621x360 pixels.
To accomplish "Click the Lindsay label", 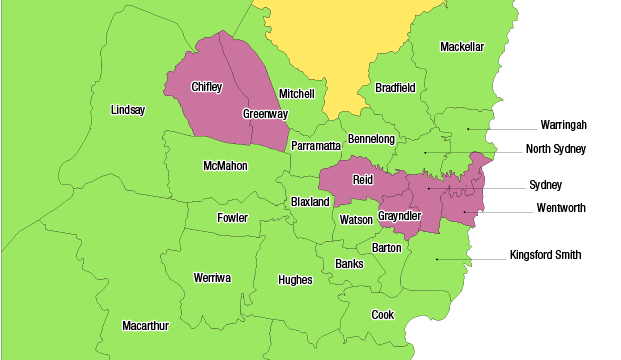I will pyautogui.click(x=127, y=109).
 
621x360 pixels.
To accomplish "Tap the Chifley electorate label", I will pyautogui.click(x=206, y=87).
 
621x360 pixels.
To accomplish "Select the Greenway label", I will pyautogui.click(x=265, y=114).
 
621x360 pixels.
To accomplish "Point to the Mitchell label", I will pyautogui.click(x=296, y=93).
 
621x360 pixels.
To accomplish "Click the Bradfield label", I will pyautogui.click(x=395, y=87).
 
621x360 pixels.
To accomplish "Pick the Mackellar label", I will pyautogui.click(x=461, y=47).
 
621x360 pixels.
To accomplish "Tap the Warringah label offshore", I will pyautogui.click(x=563, y=125).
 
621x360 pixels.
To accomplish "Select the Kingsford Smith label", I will pyautogui.click(x=545, y=255).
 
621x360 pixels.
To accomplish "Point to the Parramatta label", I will pyautogui.click(x=316, y=145).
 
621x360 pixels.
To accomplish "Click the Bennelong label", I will pyautogui.click(x=371, y=138).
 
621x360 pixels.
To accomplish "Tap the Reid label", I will pyautogui.click(x=362, y=180).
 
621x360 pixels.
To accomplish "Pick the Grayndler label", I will pyautogui.click(x=399, y=216).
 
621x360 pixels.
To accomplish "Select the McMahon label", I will pyautogui.click(x=225, y=165).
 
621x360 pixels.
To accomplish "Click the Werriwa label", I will pyautogui.click(x=211, y=277).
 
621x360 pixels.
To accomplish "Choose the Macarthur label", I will pyautogui.click(x=145, y=326).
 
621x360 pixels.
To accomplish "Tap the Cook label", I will pyautogui.click(x=382, y=314).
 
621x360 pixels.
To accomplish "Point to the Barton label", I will pyautogui.click(x=386, y=247).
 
